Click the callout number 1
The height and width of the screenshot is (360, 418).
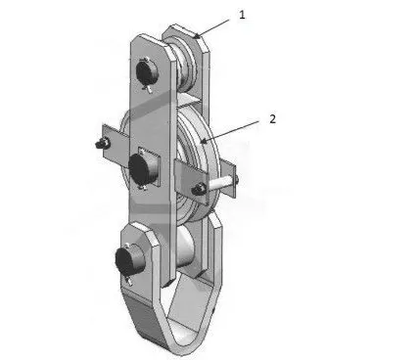(242, 15)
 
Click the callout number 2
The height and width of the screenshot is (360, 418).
(273, 119)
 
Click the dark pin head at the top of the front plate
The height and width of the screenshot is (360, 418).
(147, 72)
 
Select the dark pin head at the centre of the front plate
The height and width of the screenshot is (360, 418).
(141, 166)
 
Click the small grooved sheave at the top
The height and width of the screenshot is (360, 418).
(186, 67)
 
